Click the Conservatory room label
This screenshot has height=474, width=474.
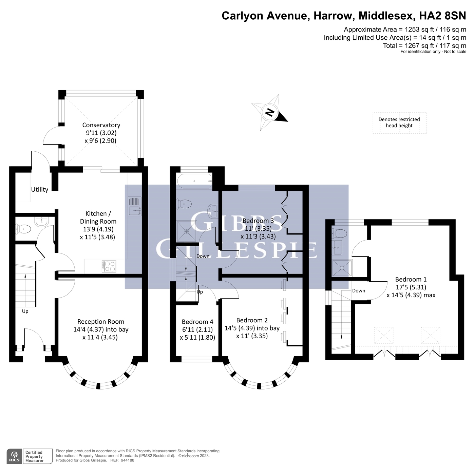[101, 125]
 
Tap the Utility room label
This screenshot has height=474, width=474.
[40, 189]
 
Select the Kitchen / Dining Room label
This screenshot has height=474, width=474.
[98, 217]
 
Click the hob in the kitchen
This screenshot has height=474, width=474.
[109, 266]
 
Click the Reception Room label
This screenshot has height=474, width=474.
[101, 322]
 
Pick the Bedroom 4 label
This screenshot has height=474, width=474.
[197, 322]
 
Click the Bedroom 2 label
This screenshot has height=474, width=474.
[252, 320]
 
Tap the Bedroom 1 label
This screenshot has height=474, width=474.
[411, 280]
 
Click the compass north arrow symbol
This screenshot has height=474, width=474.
[270, 112]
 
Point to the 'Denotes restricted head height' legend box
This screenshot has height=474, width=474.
[399, 122]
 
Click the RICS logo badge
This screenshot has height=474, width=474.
[14, 456]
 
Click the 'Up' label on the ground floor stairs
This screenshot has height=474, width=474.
[25, 311]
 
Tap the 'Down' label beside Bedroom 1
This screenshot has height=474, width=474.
[358, 291]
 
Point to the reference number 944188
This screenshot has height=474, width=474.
[127, 460]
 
